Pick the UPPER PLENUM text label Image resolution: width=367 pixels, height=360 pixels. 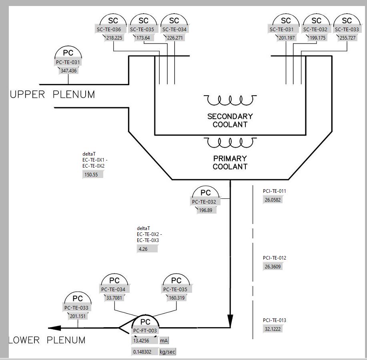point(52,95)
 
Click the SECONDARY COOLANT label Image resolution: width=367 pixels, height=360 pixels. point(230,120)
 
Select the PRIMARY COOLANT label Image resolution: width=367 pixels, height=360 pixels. point(230,162)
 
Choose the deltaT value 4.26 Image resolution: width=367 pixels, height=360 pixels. point(147,249)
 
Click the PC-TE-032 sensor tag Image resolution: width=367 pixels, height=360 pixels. point(204,202)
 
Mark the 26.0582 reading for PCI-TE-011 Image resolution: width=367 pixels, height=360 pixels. point(273,200)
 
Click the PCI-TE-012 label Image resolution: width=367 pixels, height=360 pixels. point(275,258)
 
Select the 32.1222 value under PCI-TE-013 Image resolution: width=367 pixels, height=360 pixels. point(273,328)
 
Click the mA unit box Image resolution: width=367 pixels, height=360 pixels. point(164,341)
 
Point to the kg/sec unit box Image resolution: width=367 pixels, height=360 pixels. point(167,352)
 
